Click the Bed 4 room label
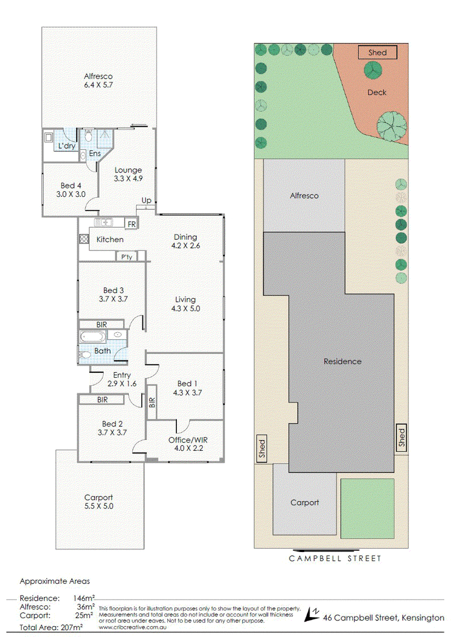[x=71, y=186]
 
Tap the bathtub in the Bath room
[x=93, y=337]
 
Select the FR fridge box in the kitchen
[x=131, y=224]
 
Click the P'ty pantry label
[x=127, y=257]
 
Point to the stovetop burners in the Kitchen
[x=84, y=239]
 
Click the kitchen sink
[x=103, y=222]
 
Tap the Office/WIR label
[x=188, y=440]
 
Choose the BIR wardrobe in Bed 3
[x=101, y=324]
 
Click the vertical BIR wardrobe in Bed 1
[x=151, y=402]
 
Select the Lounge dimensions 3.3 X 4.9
[x=128, y=178]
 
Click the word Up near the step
[x=146, y=200]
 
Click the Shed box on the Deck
[x=377, y=53]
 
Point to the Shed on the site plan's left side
[x=262, y=448]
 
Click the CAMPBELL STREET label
[x=335, y=559]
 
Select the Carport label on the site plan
[x=305, y=502]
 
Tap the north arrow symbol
[x=312, y=614]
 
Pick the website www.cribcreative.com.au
[x=133, y=627]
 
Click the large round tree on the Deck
[x=392, y=126]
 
